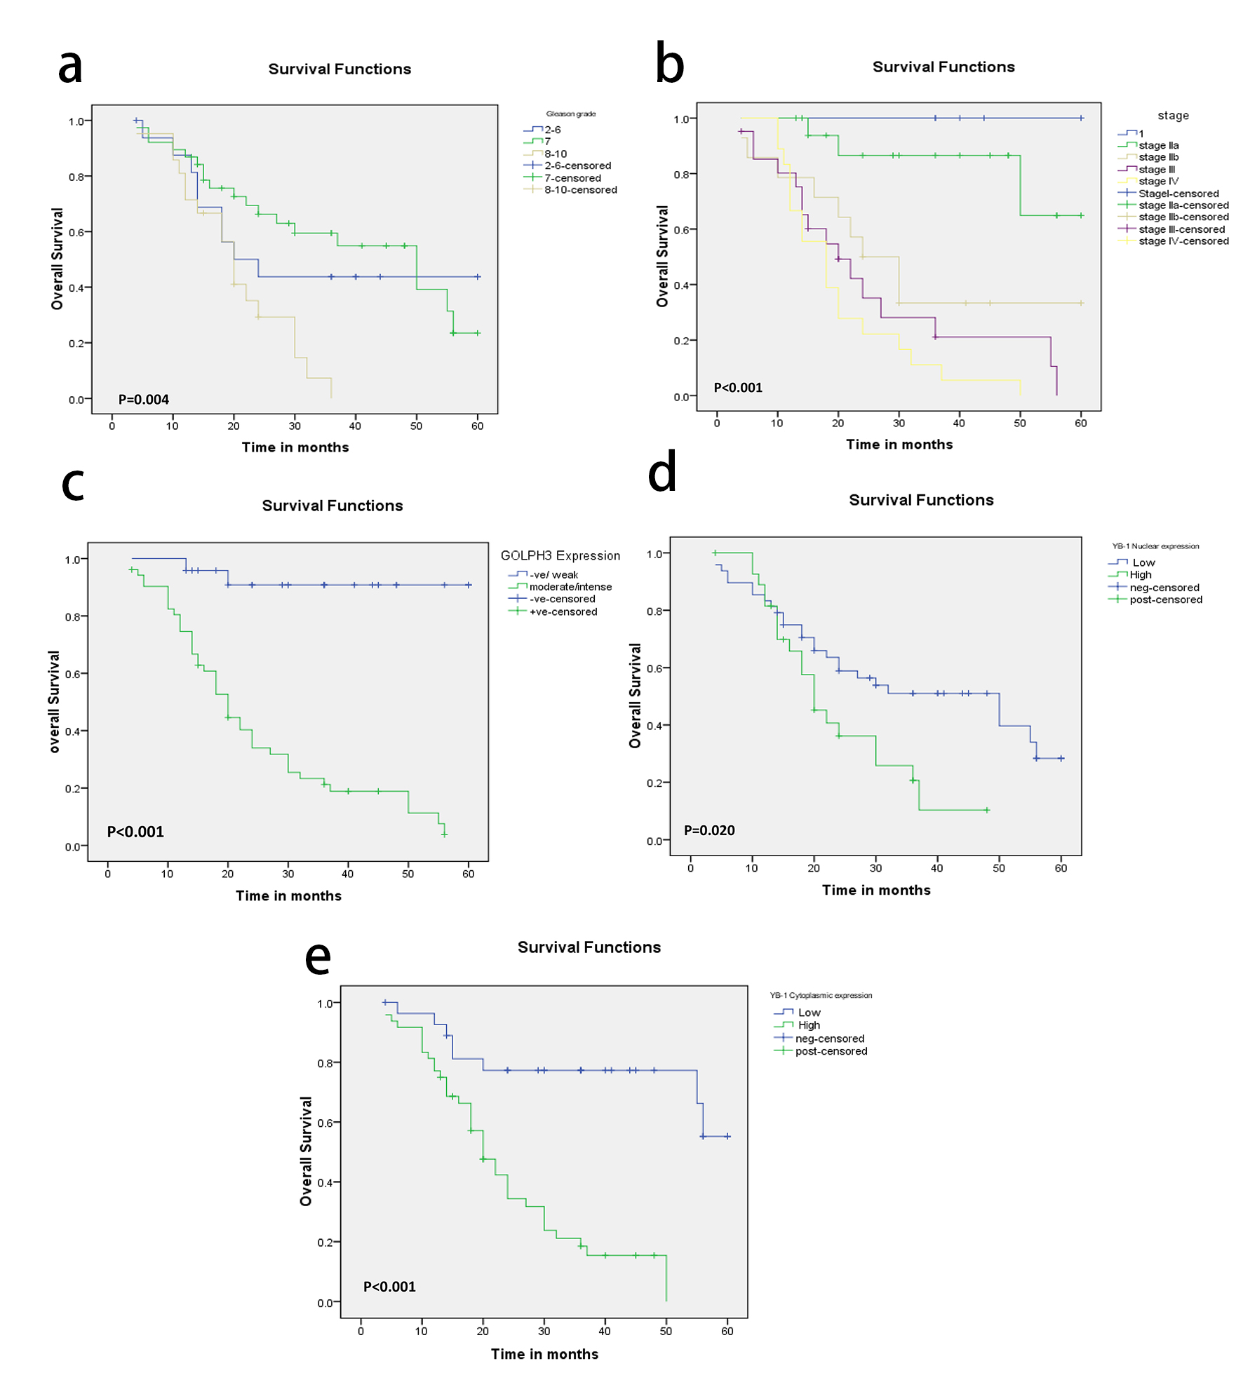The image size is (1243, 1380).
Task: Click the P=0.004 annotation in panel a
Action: coord(143,400)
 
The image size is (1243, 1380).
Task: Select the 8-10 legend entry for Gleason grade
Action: coord(556,154)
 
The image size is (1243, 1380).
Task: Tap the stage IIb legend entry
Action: coord(1158,157)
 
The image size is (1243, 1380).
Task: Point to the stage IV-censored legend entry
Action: coord(1183,241)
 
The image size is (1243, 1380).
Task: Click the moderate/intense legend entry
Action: coord(570,587)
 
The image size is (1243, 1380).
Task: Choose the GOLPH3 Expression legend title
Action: coord(560,556)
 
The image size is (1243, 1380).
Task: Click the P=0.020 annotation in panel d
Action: coord(709,830)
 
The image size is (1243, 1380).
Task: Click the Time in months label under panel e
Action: coord(544,1354)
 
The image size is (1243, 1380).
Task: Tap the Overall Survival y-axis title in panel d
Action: coord(636,696)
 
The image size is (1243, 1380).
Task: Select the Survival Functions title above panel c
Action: coord(332,506)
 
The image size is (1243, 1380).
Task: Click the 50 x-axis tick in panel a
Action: coord(416,426)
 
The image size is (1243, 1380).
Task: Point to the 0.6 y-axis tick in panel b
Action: coord(681,230)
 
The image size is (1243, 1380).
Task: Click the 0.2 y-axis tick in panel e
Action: coord(325,1243)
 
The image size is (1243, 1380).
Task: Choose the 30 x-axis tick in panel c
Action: coord(288,874)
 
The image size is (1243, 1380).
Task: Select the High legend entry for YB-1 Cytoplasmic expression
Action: coord(809,1025)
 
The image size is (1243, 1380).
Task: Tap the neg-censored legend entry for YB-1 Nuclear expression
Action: coord(1164,588)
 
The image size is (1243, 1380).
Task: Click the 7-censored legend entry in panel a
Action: coord(572,178)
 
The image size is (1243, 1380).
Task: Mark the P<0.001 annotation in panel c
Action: coord(135,832)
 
